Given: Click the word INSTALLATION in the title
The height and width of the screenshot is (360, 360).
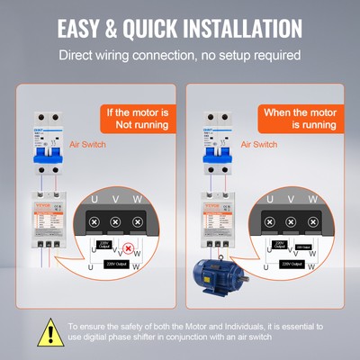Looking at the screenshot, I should tap(242, 27).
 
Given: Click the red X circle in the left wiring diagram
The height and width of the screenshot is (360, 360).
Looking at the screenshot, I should tap(129, 247).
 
